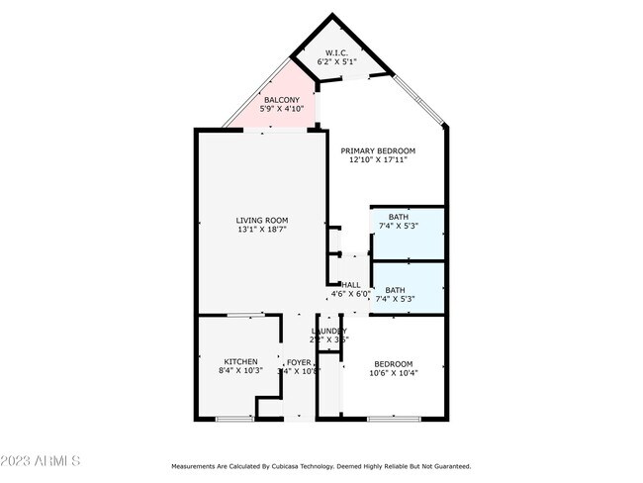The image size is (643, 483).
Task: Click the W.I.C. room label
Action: [x=337, y=53]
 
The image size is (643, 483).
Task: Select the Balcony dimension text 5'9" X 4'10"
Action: [x=281, y=108]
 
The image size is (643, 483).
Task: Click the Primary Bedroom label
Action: [x=378, y=150]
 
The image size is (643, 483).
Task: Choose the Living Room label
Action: [x=261, y=220]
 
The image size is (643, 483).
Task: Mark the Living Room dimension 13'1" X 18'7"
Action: [x=261, y=230]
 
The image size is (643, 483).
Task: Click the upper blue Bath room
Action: [x=408, y=234]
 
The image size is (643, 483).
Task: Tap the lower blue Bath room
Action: [x=408, y=287]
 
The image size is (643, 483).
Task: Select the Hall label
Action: [x=350, y=284]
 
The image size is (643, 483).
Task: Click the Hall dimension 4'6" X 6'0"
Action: [x=350, y=294]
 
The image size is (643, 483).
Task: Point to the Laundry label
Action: [x=329, y=331]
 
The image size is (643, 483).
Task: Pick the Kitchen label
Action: [x=240, y=362]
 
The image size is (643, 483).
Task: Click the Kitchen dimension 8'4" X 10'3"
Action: [x=240, y=372]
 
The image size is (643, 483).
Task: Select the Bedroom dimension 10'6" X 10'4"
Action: [x=393, y=373]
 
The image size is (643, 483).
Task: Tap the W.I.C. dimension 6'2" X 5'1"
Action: [x=338, y=62]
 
